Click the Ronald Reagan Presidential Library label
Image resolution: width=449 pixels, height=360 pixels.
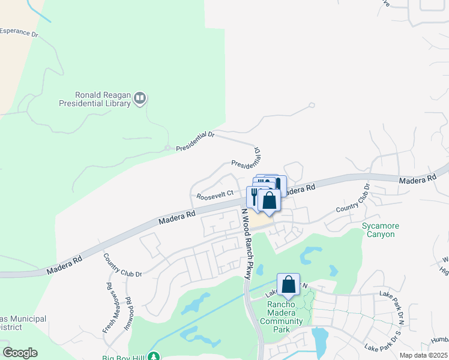tap(94, 99)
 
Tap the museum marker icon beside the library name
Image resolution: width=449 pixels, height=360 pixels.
tap(140, 98)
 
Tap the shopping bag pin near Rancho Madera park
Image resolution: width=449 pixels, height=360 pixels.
tap(288, 285)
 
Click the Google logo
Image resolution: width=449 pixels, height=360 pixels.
tap(20, 353)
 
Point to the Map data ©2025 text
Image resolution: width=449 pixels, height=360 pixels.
tap(423, 355)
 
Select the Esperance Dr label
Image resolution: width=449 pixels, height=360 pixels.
tap(19, 32)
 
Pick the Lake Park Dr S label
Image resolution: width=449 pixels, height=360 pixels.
tap(382, 341)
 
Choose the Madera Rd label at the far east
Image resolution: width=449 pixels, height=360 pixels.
tap(417, 179)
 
